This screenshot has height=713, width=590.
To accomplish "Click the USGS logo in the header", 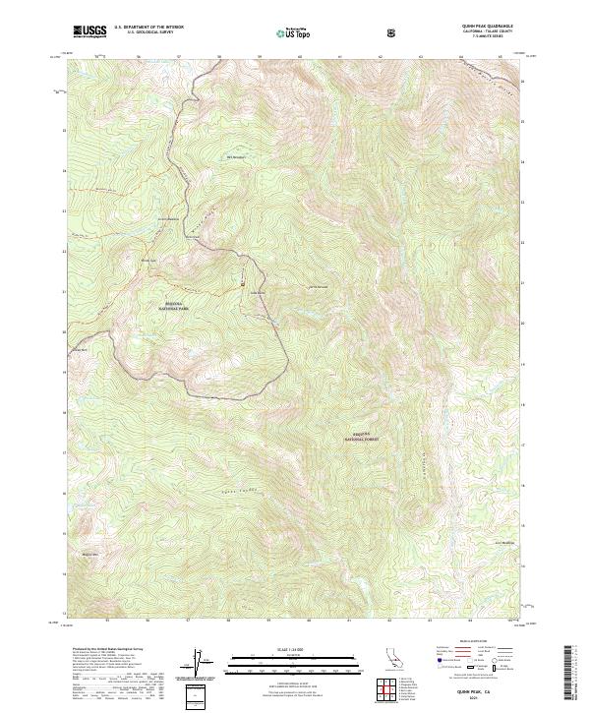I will point(89,31).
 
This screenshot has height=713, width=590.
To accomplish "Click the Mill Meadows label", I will point(236,156).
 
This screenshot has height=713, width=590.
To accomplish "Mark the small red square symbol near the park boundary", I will point(243,284).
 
